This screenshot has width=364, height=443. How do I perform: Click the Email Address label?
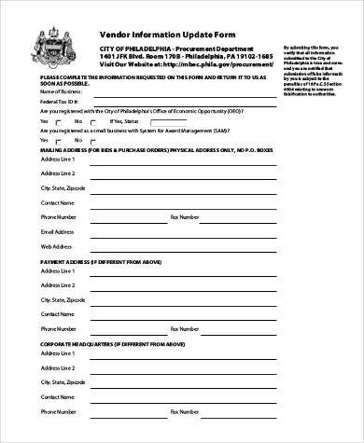click(57, 229)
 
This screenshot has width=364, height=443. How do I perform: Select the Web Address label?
click(55, 246)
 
